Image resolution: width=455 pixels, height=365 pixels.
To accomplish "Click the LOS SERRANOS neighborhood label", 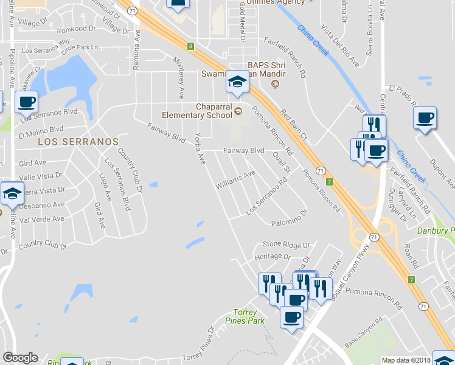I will click(78, 141).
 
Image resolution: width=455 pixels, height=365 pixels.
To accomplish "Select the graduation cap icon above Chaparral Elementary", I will click(237, 82).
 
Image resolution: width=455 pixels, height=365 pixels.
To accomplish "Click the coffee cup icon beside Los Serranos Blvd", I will click(26, 102).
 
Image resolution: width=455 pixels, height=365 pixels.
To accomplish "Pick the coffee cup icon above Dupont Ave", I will click(425, 117).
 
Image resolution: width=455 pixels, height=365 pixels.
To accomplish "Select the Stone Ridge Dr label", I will click(282, 244).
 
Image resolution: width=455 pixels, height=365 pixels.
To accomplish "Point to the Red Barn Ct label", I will click(294, 123).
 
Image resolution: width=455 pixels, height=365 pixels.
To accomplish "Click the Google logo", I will click(20, 358).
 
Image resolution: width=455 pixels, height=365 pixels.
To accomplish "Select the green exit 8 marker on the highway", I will click(190, 46).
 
